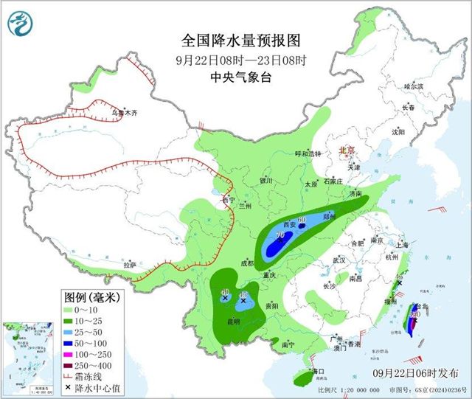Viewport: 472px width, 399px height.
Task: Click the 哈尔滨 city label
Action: point(414,86)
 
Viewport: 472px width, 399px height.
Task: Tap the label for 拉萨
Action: point(130,264)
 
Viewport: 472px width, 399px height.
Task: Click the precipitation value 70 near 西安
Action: point(280,235)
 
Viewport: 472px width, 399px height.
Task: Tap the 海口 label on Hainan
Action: point(319,371)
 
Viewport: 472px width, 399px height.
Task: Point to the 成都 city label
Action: point(246,263)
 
